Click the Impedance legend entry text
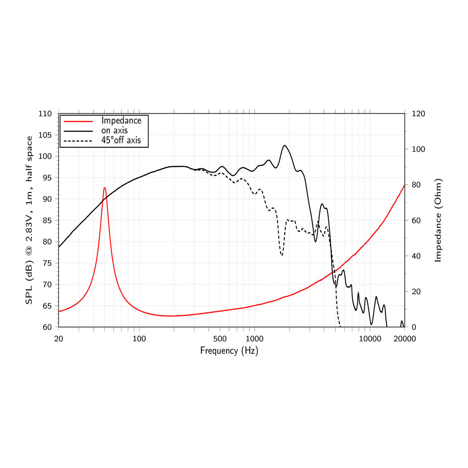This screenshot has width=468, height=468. click(x=121, y=121)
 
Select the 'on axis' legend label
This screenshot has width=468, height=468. click(x=114, y=130)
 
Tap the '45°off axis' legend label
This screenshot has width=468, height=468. click(x=121, y=140)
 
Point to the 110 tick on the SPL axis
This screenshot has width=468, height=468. click(x=45, y=114)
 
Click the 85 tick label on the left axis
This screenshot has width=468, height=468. click(x=47, y=220)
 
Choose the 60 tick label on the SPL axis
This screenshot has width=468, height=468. click(x=47, y=327)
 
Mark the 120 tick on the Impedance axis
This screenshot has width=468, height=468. click(x=418, y=114)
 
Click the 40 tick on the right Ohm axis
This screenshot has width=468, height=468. click(x=416, y=256)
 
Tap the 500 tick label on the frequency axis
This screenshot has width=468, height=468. click(x=220, y=339)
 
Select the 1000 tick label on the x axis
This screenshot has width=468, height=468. click(x=255, y=339)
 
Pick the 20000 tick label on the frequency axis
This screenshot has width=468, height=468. click(x=405, y=339)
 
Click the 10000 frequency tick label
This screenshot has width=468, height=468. click(x=370, y=339)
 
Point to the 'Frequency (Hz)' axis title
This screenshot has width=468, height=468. click(x=229, y=351)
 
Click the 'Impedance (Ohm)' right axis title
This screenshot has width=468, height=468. click(x=438, y=220)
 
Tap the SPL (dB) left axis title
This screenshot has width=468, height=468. click(x=29, y=220)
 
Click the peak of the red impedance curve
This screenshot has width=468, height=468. click(x=104, y=188)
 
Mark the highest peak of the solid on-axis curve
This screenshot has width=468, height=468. click(x=285, y=146)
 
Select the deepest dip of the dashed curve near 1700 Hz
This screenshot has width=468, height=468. click(x=281, y=255)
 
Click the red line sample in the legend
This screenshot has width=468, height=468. click(x=78, y=121)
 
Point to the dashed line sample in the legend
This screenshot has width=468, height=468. click(x=78, y=141)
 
